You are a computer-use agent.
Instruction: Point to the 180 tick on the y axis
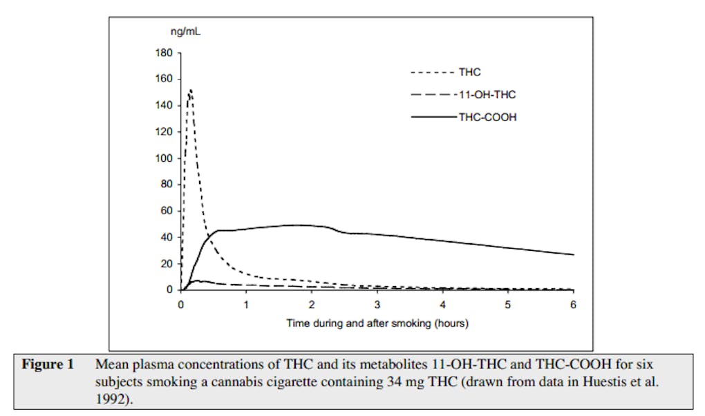(x=167, y=53)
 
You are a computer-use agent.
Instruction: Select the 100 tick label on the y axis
(x=167, y=159)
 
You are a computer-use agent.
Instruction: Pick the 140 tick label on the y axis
(x=167, y=106)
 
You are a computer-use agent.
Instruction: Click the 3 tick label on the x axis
(x=377, y=304)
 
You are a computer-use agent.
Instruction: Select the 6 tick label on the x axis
(x=573, y=304)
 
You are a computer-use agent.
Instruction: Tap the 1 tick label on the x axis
(x=246, y=304)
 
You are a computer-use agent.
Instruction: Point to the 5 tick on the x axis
(x=507, y=304)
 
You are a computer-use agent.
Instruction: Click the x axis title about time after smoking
(x=377, y=323)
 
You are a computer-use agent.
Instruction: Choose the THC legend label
(x=469, y=71)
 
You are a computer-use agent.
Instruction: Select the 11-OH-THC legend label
(x=486, y=94)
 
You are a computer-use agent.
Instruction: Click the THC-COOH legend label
(x=487, y=117)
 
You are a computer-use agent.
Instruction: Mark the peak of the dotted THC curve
(x=189, y=90)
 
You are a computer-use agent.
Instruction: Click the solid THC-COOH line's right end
(x=573, y=254)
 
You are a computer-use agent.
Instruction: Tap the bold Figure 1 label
(x=48, y=364)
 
